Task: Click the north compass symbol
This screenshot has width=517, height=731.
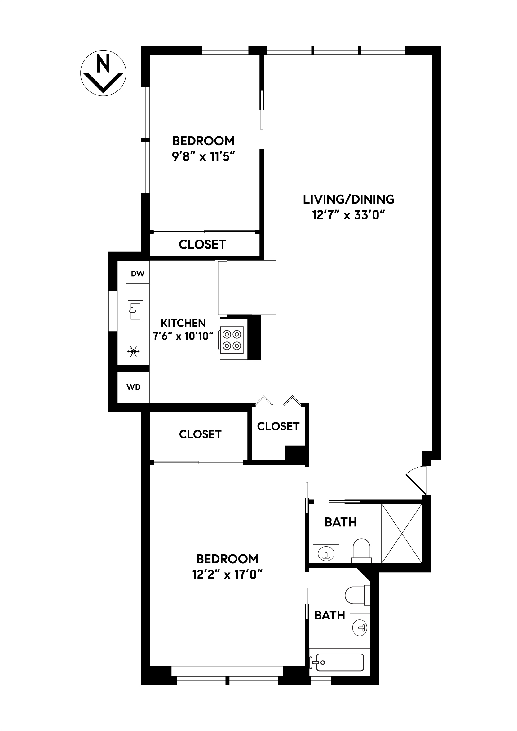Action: click(x=103, y=73)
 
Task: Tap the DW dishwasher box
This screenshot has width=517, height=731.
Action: click(x=138, y=274)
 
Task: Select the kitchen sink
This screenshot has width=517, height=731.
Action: click(x=135, y=311)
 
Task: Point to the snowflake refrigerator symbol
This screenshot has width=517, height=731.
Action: click(x=134, y=351)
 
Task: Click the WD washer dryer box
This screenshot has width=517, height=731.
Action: click(x=134, y=387)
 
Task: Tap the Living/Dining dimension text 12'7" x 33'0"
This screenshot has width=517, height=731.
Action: click(x=348, y=216)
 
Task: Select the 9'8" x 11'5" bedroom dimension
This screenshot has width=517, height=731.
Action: click(x=203, y=157)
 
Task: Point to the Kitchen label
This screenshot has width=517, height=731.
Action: click(x=183, y=323)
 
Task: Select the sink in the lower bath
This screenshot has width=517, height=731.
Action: click(x=360, y=628)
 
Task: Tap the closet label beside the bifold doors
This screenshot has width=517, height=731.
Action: click(x=278, y=427)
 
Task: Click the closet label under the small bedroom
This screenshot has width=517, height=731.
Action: click(x=202, y=244)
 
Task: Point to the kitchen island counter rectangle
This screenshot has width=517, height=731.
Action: click(x=247, y=288)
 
